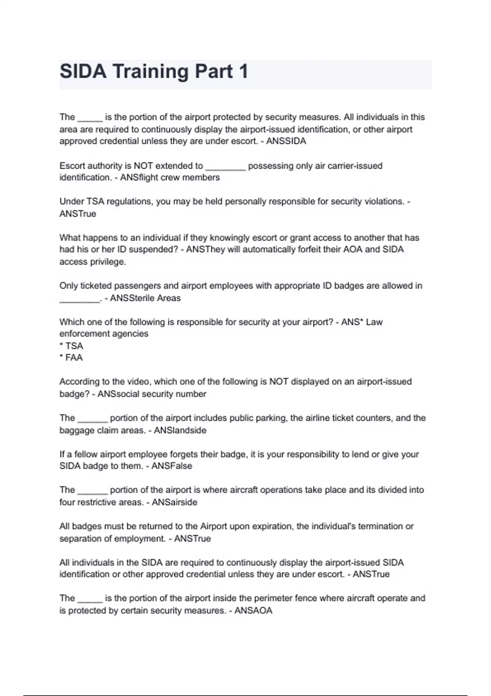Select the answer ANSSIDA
(x=286, y=141)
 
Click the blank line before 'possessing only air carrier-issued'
(x=225, y=166)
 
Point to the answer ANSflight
(x=137, y=178)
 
